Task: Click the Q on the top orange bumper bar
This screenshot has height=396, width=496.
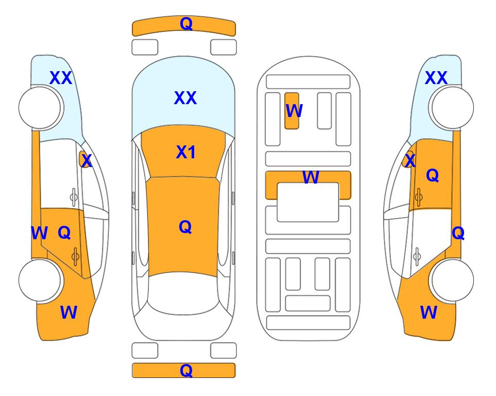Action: click(x=186, y=23)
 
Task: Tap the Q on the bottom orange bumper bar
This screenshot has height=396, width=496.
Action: click(x=186, y=370)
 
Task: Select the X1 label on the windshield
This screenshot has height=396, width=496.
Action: click(x=186, y=152)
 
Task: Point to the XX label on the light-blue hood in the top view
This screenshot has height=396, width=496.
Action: click(x=185, y=98)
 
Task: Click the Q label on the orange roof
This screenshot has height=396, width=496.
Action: click(x=185, y=227)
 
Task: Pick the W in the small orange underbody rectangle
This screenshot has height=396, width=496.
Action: click(x=294, y=110)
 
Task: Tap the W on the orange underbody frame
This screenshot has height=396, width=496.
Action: click(x=311, y=177)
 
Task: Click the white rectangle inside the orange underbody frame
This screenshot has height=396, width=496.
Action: click(x=308, y=202)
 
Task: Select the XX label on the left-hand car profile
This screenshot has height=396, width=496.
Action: click(x=61, y=78)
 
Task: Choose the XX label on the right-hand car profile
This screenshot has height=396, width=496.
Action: click(x=436, y=78)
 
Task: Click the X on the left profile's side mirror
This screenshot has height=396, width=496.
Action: click(x=87, y=161)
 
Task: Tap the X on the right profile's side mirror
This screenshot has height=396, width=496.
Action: click(x=410, y=160)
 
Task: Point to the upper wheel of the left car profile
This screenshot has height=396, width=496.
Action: click(x=40, y=108)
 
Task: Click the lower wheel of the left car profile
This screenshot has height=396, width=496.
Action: click(x=40, y=280)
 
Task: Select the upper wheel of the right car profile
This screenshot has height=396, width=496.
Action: click(x=453, y=108)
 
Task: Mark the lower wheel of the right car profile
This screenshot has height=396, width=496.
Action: click(x=453, y=280)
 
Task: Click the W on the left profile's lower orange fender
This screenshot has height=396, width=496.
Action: click(x=69, y=312)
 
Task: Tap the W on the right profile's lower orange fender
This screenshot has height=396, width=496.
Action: click(x=429, y=312)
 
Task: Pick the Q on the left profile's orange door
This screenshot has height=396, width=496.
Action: click(x=64, y=233)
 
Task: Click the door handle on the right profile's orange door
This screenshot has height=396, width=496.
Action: click(x=419, y=197)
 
